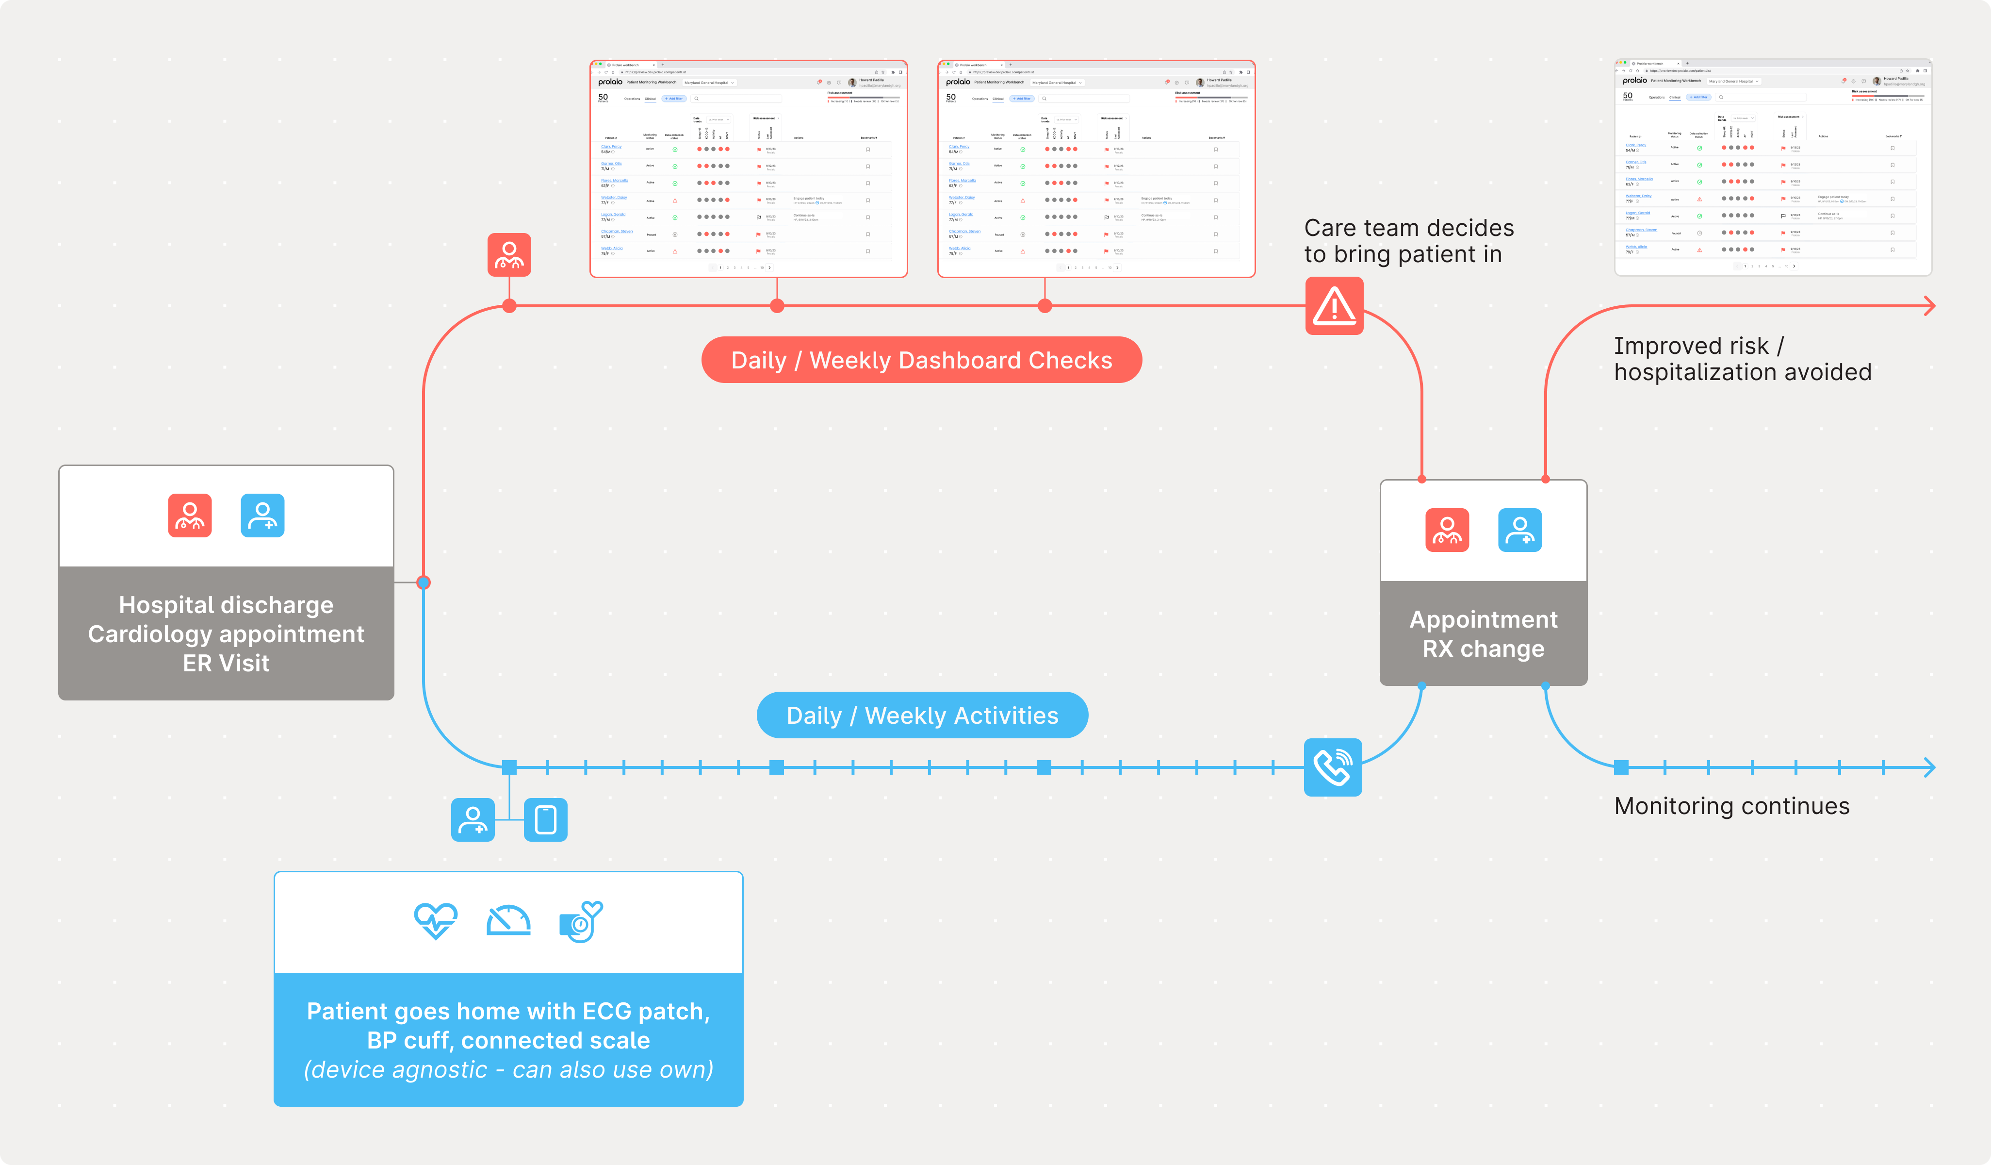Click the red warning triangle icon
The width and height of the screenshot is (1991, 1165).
(x=1334, y=306)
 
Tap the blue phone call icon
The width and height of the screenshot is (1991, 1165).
(x=1332, y=766)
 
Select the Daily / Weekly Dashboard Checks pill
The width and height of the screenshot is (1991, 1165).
(x=921, y=360)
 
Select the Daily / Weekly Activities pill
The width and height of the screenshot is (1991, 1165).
(x=922, y=716)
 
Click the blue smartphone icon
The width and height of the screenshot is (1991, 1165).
(x=545, y=819)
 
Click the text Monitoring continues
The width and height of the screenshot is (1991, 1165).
(x=1731, y=806)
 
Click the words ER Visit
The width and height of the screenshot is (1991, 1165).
(x=226, y=663)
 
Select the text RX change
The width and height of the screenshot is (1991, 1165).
(x=1483, y=649)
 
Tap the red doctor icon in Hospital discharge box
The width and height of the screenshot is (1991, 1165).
(x=190, y=516)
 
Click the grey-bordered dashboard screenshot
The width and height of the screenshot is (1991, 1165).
(x=1772, y=167)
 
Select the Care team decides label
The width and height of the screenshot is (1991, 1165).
(x=1408, y=241)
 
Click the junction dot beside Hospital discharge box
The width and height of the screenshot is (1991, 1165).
(x=424, y=582)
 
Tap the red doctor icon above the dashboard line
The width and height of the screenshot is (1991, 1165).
(x=509, y=254)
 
